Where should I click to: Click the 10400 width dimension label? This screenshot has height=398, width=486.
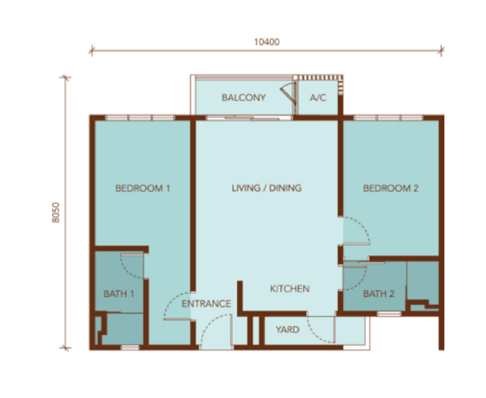point(267,42)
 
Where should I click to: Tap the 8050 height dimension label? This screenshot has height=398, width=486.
point(56,212)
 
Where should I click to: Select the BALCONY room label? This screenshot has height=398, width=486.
point(243,98)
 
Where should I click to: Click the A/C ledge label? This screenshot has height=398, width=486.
point(318,98)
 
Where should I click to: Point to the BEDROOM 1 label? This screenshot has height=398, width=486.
point(143,188)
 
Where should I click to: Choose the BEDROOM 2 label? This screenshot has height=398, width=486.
point(391,188)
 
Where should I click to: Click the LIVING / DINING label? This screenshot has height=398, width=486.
point(267,188)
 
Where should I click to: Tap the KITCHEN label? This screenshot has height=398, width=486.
point(290,289)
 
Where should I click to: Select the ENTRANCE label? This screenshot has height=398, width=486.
point(206,304)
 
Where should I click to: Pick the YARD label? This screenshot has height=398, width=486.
point(288,330)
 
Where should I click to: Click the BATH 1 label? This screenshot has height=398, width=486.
point(119,294)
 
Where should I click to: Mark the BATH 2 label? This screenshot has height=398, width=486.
point(379,294)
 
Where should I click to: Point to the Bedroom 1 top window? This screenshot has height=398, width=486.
point(140,118)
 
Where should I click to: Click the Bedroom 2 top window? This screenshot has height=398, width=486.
point(389,118)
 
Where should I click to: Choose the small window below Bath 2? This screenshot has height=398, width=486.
point(389,314)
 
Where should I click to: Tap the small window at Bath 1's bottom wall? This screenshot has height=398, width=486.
point(130,348)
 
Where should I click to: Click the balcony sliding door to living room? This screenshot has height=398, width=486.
point(249,118)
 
